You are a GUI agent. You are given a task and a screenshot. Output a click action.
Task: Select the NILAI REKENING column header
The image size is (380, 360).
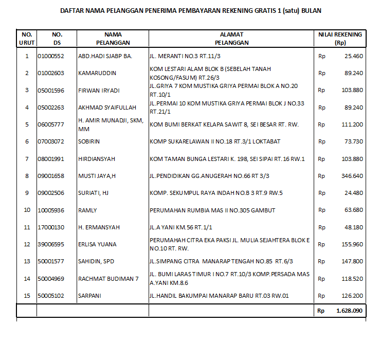tap(340, 39)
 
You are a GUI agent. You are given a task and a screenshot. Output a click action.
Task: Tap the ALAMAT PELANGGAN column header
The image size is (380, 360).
tap(231, 39)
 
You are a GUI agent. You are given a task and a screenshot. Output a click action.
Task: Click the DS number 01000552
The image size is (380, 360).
tap(51, 56)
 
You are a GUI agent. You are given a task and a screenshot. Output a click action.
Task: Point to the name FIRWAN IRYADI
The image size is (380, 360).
tap(99, 91)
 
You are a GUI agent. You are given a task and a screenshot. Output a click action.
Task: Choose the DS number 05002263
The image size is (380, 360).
tap(51, 107)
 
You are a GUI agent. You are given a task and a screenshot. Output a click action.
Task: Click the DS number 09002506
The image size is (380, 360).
tap(51, 193)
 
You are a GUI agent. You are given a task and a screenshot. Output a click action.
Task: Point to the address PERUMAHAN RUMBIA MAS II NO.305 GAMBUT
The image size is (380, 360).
tap(212, 210)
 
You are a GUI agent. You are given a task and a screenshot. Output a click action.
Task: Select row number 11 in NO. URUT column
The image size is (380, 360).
tap(27, 227)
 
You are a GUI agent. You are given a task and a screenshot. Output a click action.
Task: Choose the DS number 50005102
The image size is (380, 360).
tap(51, 296)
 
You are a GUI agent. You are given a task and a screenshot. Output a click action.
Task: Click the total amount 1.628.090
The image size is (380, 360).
tap(349, 311)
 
